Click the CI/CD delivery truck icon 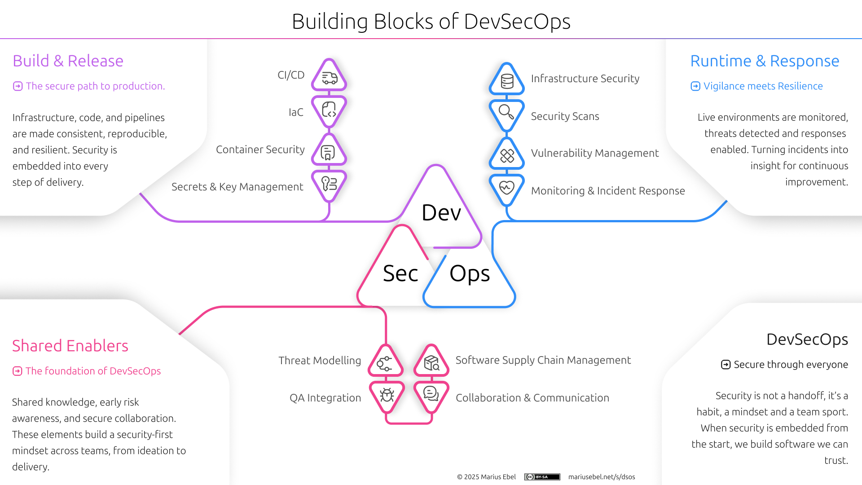coord(330,78)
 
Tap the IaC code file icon coord(329,110)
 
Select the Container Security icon coord(328,153)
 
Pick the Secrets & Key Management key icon coord(329,183)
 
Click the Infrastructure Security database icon coord(507,82)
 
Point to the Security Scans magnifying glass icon coord(506,112)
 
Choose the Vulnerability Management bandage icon coord(507,156)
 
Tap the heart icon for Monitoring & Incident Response coord(506,187)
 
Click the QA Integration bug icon coord(387,395)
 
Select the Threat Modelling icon coord(385,363)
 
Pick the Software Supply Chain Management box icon coord(431,363)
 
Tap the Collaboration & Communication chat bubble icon coord(431,394)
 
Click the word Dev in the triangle coord(441,212)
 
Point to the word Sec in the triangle coord(400,273)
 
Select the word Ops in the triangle coord(470,273)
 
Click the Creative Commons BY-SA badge coord(542,477)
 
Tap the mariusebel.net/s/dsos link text coord(602,477)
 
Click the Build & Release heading coord(68,61)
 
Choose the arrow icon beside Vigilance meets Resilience coord(695,86)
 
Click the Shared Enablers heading coord(70,346)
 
